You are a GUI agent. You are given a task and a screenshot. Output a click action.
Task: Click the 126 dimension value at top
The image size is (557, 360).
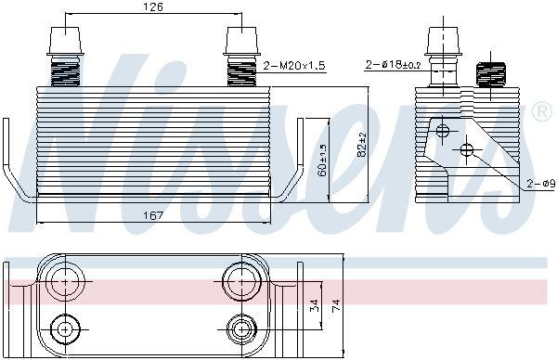click(153, 6)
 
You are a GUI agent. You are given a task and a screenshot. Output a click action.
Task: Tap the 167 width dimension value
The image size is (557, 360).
click(153, 215)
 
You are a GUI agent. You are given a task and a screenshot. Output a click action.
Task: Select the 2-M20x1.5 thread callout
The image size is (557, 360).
click(294, 66)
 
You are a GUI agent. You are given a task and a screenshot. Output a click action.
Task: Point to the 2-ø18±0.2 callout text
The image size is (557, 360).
click(394, 65)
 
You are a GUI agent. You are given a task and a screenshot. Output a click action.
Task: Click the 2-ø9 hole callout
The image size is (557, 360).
click(540, 184)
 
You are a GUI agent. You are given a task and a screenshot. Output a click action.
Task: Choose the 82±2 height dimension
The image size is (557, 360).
click(362, 145)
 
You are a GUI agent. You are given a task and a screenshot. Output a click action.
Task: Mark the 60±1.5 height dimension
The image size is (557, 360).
click(323, 161)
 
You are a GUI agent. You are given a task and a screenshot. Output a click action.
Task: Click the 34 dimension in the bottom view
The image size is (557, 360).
click(315, 305)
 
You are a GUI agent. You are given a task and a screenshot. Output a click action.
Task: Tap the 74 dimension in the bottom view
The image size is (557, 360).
click(336, 305)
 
